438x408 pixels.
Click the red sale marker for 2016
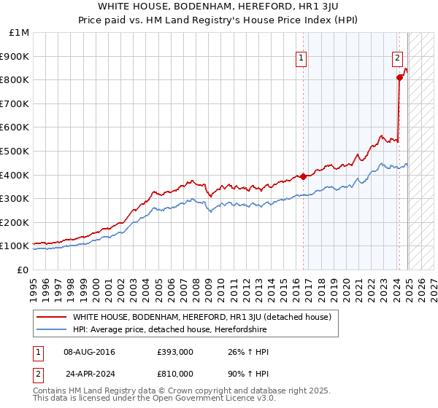(x=303, y=176)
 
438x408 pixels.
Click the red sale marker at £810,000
(x=399, y=77)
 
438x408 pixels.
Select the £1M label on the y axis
(x=20, y=32)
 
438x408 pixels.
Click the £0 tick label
(x=23, y=270)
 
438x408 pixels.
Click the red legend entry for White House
(x=202, y=317)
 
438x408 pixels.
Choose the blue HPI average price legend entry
(x=169, y=330)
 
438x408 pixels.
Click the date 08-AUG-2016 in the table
(x=90, y=352)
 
